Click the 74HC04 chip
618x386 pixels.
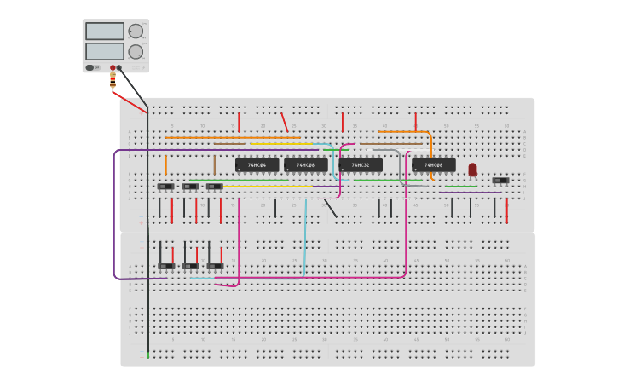click(x=257, y=164)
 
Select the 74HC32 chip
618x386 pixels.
click(x=361, y=164)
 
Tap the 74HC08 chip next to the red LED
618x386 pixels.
click(x=434, y=164)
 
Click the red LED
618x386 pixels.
click(x=473, y=169)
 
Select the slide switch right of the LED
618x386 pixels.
click(x=500, y=181)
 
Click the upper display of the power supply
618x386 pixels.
click(x=104, y=32)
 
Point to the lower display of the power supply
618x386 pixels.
click(x=104, y=51)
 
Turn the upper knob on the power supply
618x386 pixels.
click(x=136, y=32)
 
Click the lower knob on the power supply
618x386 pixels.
click(x=136, y=52)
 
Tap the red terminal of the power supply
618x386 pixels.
click(x=112, y=67)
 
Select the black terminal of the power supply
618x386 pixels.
click(x=119, y=67)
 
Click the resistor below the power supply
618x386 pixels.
click(x=113, y=81)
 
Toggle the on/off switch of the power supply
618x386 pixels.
click(x=90, y=67)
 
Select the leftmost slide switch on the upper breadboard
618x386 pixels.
click(x=165, y=187)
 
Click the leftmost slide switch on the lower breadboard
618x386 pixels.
click(x=165, y=266)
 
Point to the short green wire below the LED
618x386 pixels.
click(x=461, y=186)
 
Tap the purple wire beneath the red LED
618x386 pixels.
click(x=470, y=193)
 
